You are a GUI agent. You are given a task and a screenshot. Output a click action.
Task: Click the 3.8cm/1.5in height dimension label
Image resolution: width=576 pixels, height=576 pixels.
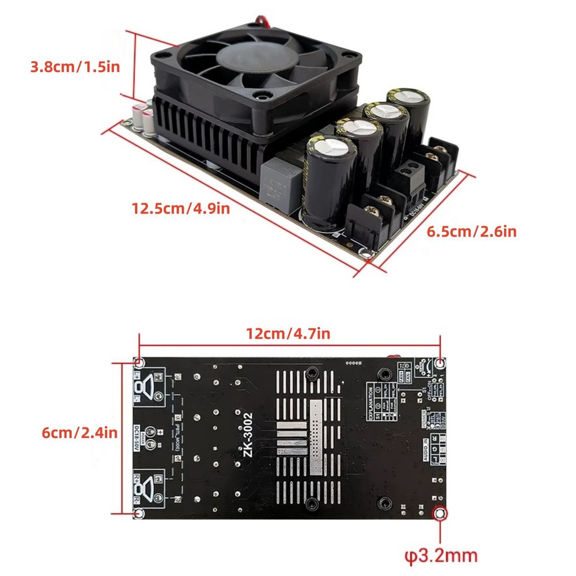click(75, 66)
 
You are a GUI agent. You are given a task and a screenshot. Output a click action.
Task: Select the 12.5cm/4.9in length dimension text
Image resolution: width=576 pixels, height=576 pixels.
click(180, 208)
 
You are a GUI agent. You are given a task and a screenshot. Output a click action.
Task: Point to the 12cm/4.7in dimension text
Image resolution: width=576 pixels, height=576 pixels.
click(288, 333)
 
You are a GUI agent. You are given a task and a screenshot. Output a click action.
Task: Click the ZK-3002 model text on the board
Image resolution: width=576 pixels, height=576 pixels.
click(248, 435)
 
